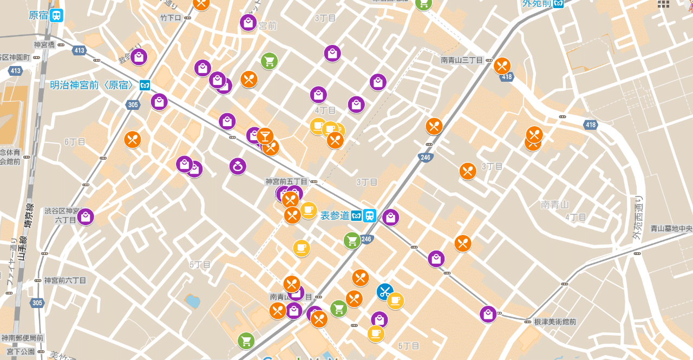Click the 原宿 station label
(38, 15)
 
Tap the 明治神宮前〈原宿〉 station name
(91, 85)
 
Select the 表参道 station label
(335, 215)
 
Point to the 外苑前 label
(537, 4)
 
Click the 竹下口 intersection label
(171, 18)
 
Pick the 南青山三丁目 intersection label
(462, 60)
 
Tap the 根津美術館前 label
(555, 322)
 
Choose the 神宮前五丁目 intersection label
(286, 181)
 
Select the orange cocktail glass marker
(265, 135)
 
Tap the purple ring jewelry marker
(238, 167)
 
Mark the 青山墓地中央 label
(671, 228)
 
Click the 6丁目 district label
(75, 142)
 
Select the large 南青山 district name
(555, 205)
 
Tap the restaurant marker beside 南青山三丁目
(502, 66)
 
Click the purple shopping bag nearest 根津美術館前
(488, 314)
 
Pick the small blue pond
(192, 301)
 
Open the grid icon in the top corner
(663, 4)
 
